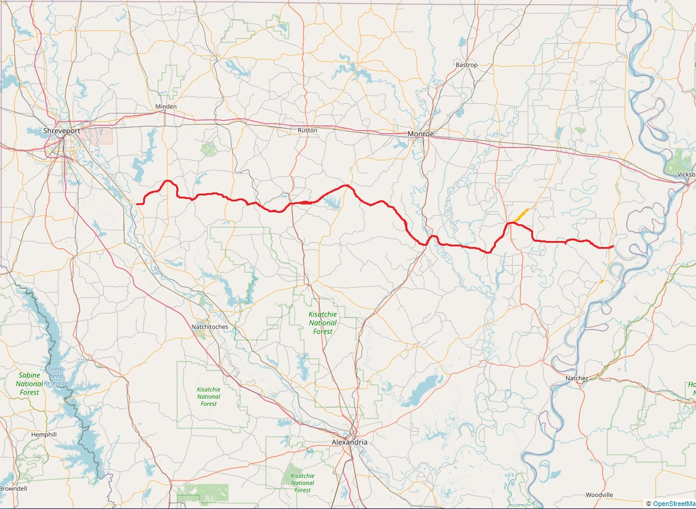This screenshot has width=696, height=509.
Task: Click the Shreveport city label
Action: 62,131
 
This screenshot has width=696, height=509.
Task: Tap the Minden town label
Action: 166,107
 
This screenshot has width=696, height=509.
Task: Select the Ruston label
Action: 307,130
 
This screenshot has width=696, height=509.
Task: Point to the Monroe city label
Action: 420,134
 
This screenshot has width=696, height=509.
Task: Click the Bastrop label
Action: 467,65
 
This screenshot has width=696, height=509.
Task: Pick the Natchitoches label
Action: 210,327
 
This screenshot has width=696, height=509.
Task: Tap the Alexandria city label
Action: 349,442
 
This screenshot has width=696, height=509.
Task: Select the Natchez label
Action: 577,378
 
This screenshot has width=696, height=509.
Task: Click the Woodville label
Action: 599,495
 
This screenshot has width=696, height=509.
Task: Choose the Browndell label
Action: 13,489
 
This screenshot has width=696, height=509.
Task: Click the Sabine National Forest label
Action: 29,384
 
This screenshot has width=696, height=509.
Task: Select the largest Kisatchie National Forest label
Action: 322,323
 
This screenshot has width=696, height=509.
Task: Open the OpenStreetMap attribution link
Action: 674,504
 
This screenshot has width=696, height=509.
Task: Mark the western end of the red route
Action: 137,204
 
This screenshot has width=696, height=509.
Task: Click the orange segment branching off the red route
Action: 520,215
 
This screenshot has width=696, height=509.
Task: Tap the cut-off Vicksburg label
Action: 686,174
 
